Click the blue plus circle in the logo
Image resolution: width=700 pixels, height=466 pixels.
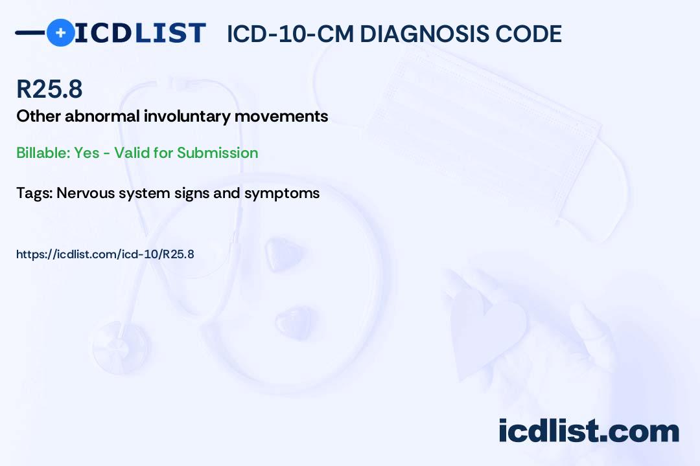[60, 32]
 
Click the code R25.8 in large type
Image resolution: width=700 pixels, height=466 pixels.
[49, 90]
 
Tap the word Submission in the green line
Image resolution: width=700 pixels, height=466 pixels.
[217, 153]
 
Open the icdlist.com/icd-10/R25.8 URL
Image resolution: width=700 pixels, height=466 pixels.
[105, 254]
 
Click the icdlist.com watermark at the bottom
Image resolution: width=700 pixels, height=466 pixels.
[589, 431]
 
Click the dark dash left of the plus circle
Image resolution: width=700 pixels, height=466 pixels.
[30, 32]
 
